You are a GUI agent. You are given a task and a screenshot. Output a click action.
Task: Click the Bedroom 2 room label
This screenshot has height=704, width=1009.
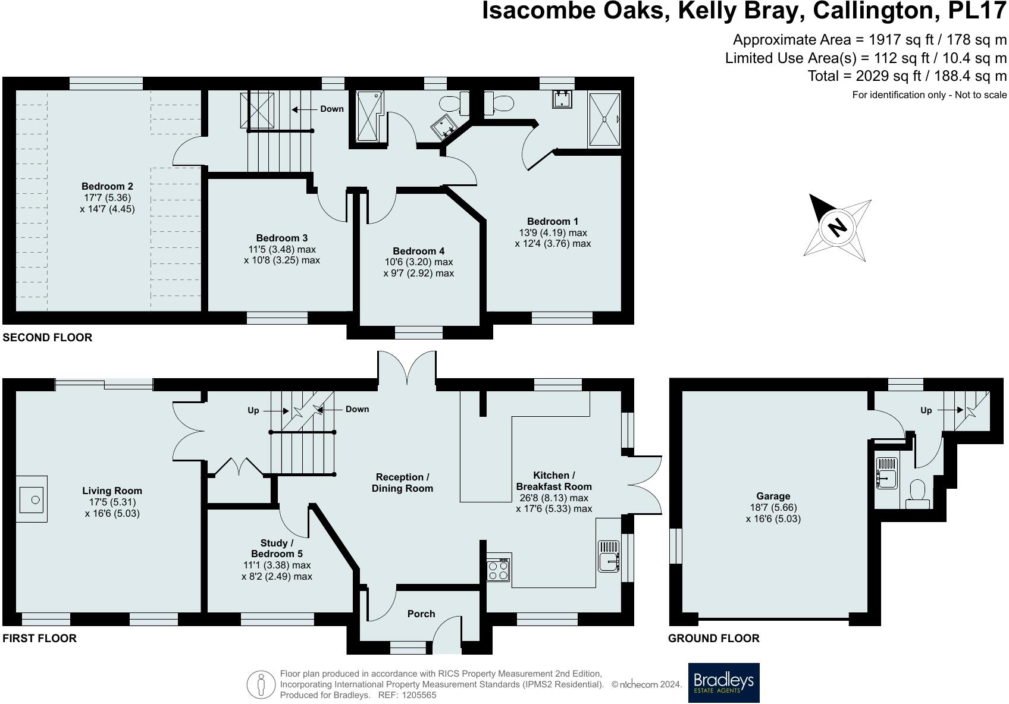click(107, 187)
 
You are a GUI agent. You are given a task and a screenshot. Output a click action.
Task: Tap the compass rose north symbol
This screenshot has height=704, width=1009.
click(837, 227)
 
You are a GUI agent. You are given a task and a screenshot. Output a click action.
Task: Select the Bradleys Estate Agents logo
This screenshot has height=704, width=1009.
click(723, 683)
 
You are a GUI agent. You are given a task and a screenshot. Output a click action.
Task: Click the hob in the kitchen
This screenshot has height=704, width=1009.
click(498, 570)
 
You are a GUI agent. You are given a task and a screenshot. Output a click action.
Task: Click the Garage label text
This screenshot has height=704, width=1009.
click(773, 496)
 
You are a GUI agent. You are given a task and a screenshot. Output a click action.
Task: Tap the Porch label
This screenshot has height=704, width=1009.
click(421, 614)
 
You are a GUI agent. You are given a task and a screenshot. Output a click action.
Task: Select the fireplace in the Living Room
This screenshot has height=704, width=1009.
click(32, 499)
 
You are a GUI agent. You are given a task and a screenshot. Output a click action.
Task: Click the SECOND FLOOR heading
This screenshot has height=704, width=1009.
click(48, 338)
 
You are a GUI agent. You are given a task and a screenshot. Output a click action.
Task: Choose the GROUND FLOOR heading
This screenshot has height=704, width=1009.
click(713, 639)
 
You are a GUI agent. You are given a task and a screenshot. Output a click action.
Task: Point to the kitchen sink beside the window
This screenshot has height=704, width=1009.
click(608, 560)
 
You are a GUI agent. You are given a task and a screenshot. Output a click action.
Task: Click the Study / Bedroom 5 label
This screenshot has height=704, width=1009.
click(277, 548)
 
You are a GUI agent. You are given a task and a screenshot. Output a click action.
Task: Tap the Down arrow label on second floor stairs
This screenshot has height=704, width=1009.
click(331, 109)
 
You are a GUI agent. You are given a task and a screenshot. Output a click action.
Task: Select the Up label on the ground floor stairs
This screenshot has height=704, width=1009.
click(926, 410)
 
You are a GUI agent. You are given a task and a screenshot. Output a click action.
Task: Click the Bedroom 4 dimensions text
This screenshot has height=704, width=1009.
click(418, 268)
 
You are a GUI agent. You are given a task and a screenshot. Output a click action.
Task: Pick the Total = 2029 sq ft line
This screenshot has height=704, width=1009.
click(907, 76)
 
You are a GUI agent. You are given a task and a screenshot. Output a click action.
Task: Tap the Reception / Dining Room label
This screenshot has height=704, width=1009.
click(402, 483)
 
